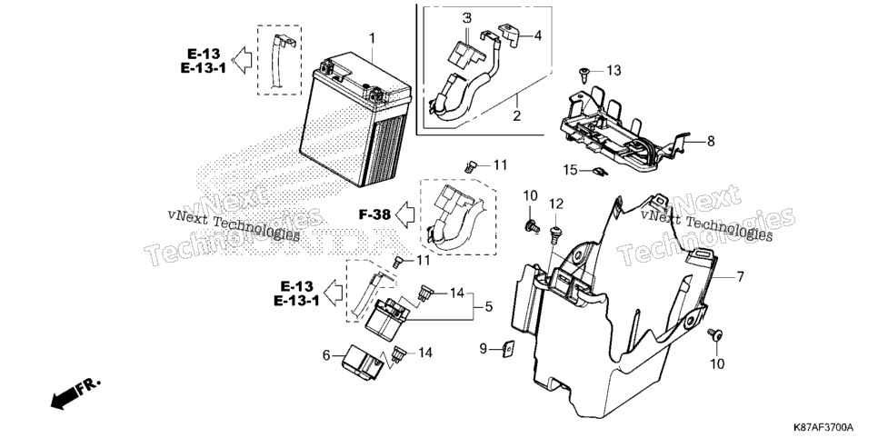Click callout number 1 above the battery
coord(373,38)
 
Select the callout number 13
coord(614,71)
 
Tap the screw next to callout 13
coord(584,73)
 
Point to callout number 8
coord(711,141)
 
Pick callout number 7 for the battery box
coord(740,276)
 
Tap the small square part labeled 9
coord(507,350)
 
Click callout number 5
coord(488,306)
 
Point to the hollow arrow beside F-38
coord(404,214)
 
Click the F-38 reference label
coord(374,214)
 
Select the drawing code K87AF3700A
coord(823,427)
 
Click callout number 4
coord(537,35)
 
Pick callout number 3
coord(467,18)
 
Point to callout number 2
coord(517,116)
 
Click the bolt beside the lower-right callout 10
coord(715,335)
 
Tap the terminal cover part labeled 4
coord(508,33)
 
